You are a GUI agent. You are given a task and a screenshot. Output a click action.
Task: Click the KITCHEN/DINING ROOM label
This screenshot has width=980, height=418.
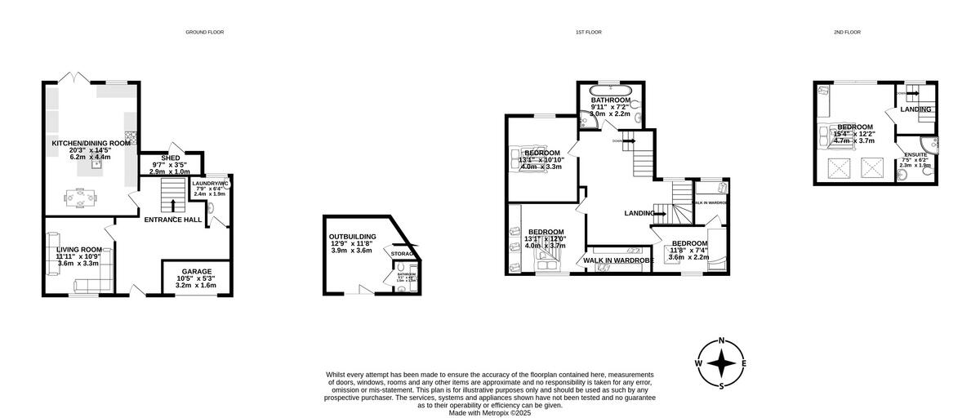(91, 144)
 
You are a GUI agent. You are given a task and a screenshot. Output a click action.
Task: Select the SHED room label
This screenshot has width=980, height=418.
(170, 158)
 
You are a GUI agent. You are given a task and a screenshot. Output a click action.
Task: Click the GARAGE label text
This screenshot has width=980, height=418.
(196, 271)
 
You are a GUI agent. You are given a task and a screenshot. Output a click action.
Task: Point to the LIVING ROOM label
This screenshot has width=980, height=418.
(79, 249)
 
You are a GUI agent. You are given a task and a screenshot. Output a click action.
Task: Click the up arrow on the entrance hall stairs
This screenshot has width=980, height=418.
(171, 204)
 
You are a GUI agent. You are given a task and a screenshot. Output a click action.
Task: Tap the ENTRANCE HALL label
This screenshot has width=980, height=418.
(172, 220)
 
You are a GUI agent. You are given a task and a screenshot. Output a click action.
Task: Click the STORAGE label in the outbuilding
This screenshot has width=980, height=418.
(403, 255)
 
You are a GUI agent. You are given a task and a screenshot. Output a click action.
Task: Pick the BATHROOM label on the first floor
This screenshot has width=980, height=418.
(611, 100)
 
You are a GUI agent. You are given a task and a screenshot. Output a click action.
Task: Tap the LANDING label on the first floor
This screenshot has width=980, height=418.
(639, 213)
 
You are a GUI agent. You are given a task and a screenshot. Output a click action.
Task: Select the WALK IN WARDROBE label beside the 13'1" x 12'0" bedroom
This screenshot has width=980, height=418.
(618, 260)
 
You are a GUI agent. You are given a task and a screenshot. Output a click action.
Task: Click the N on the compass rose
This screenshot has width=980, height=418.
(721, 341)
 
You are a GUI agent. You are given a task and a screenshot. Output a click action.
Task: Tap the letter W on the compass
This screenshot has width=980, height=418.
(699, 363)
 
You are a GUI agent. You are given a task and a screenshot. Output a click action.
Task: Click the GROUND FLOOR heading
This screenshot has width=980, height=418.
(204, 32)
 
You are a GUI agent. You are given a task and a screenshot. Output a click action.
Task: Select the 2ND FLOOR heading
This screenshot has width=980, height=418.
(847, 32)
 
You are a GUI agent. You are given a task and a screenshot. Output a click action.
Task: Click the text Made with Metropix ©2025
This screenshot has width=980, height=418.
(490, 412)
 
